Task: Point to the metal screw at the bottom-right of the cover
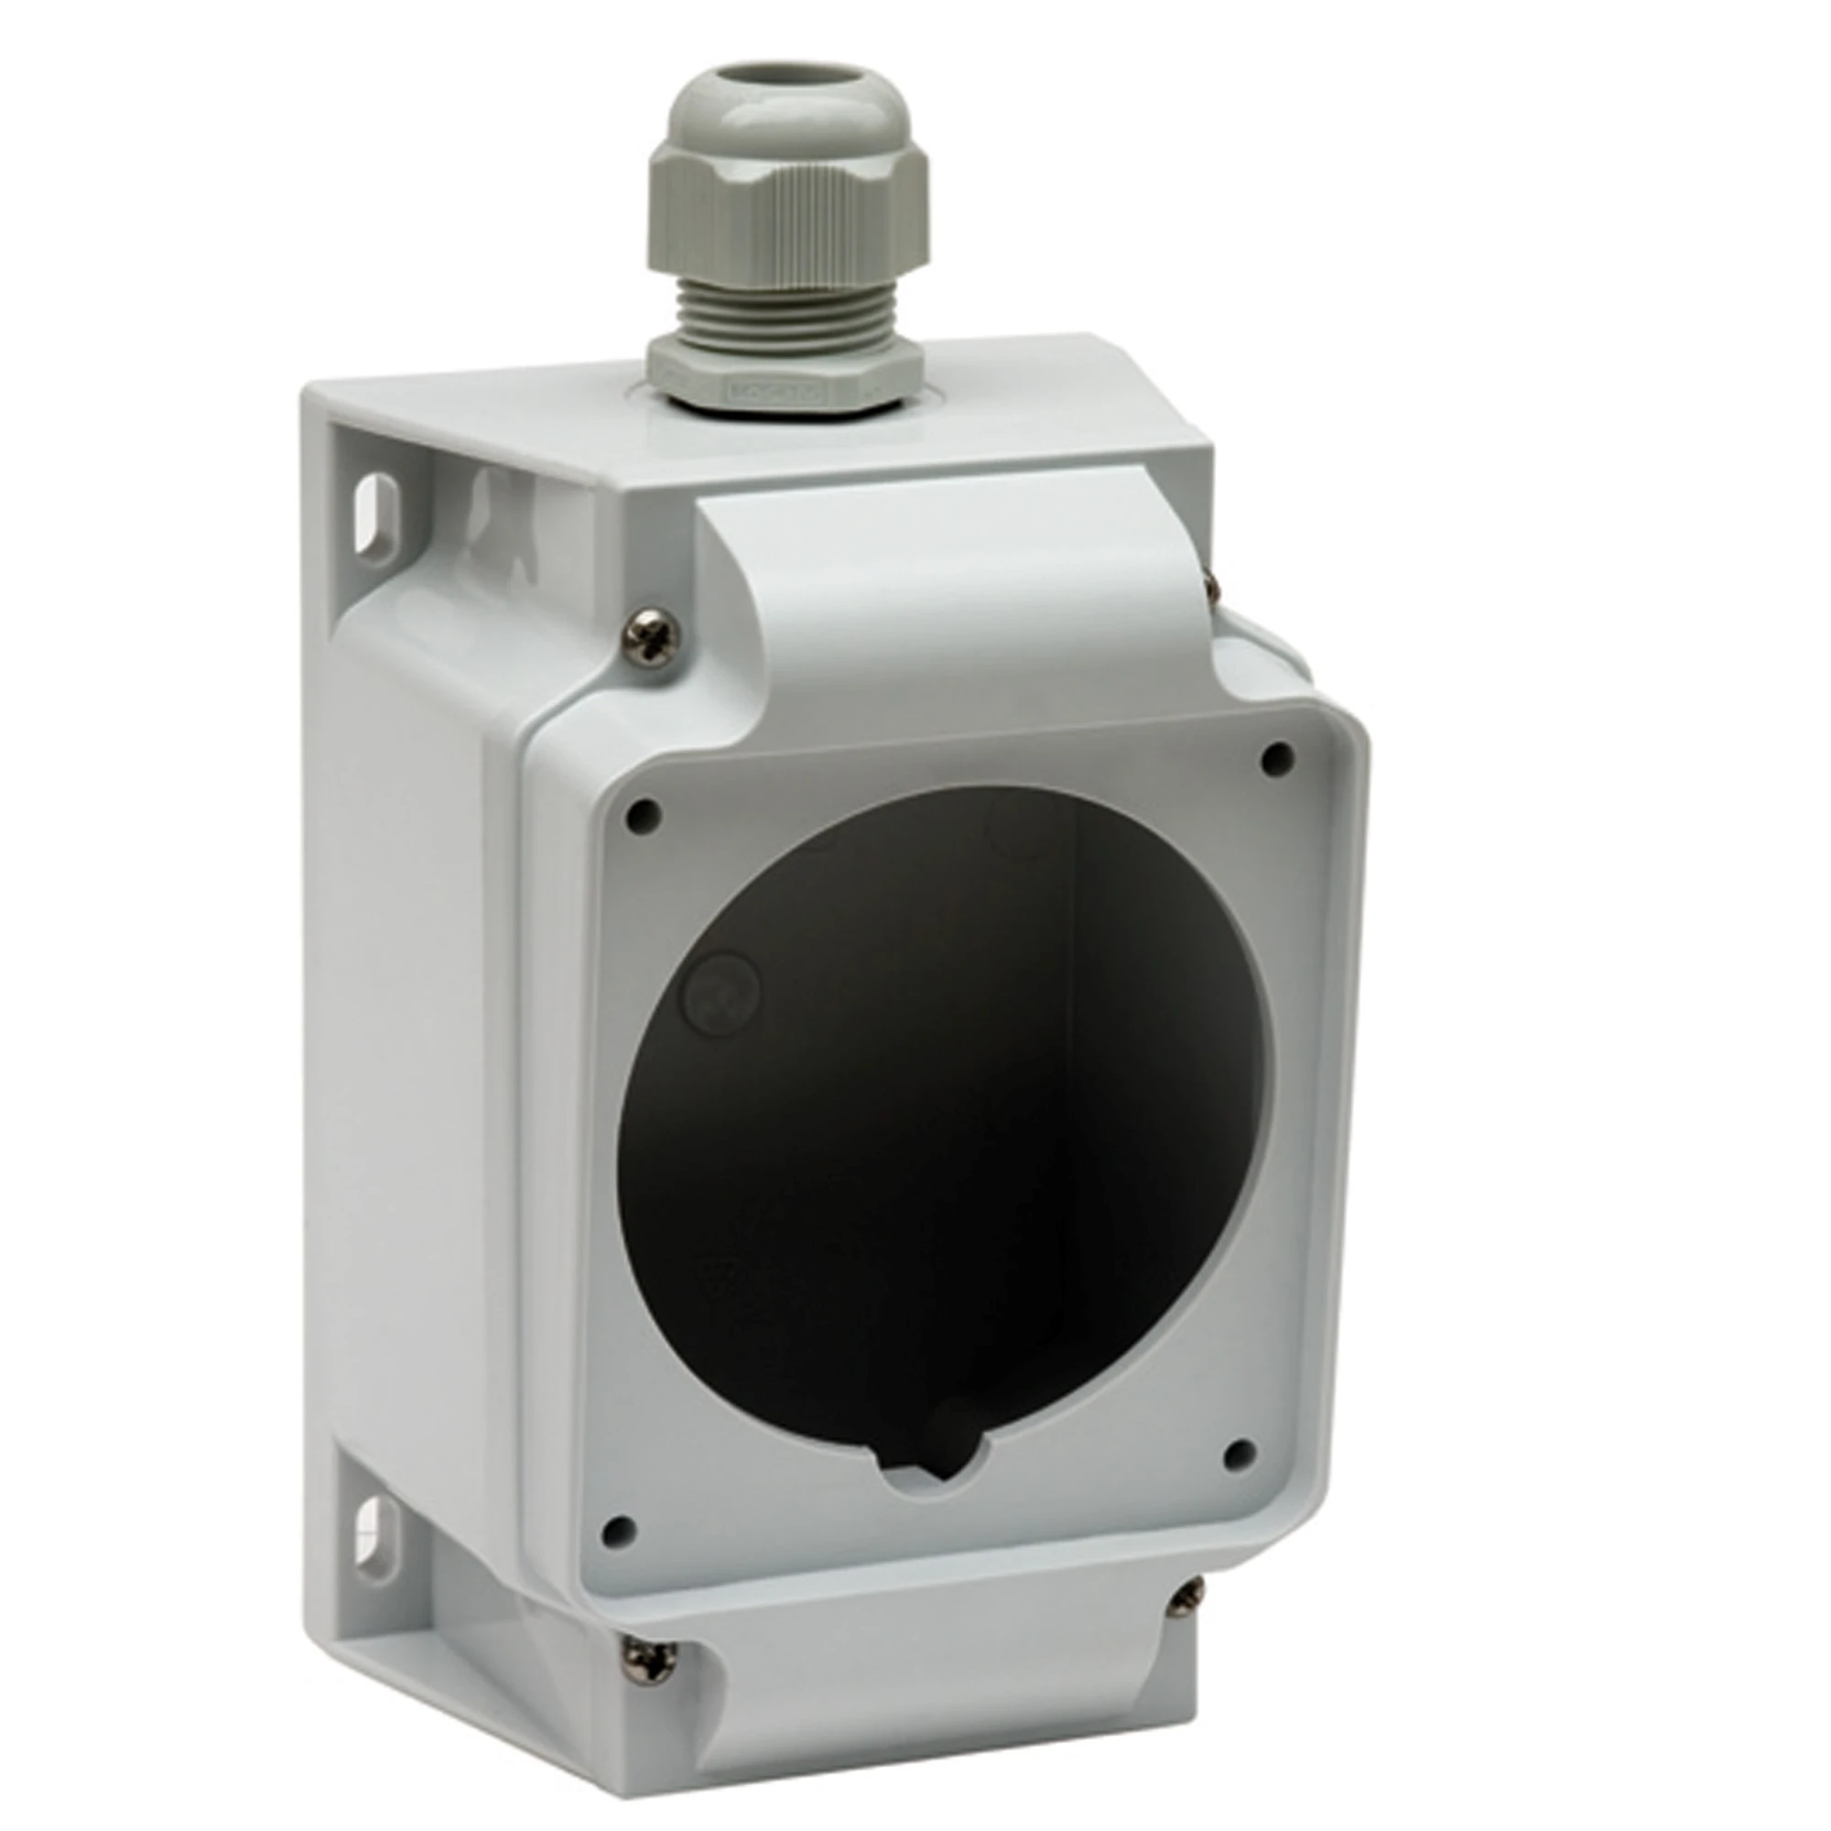1184,1599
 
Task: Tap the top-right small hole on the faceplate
1278,754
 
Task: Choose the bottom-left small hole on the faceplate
618,1527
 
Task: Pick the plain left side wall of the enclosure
417,1089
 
